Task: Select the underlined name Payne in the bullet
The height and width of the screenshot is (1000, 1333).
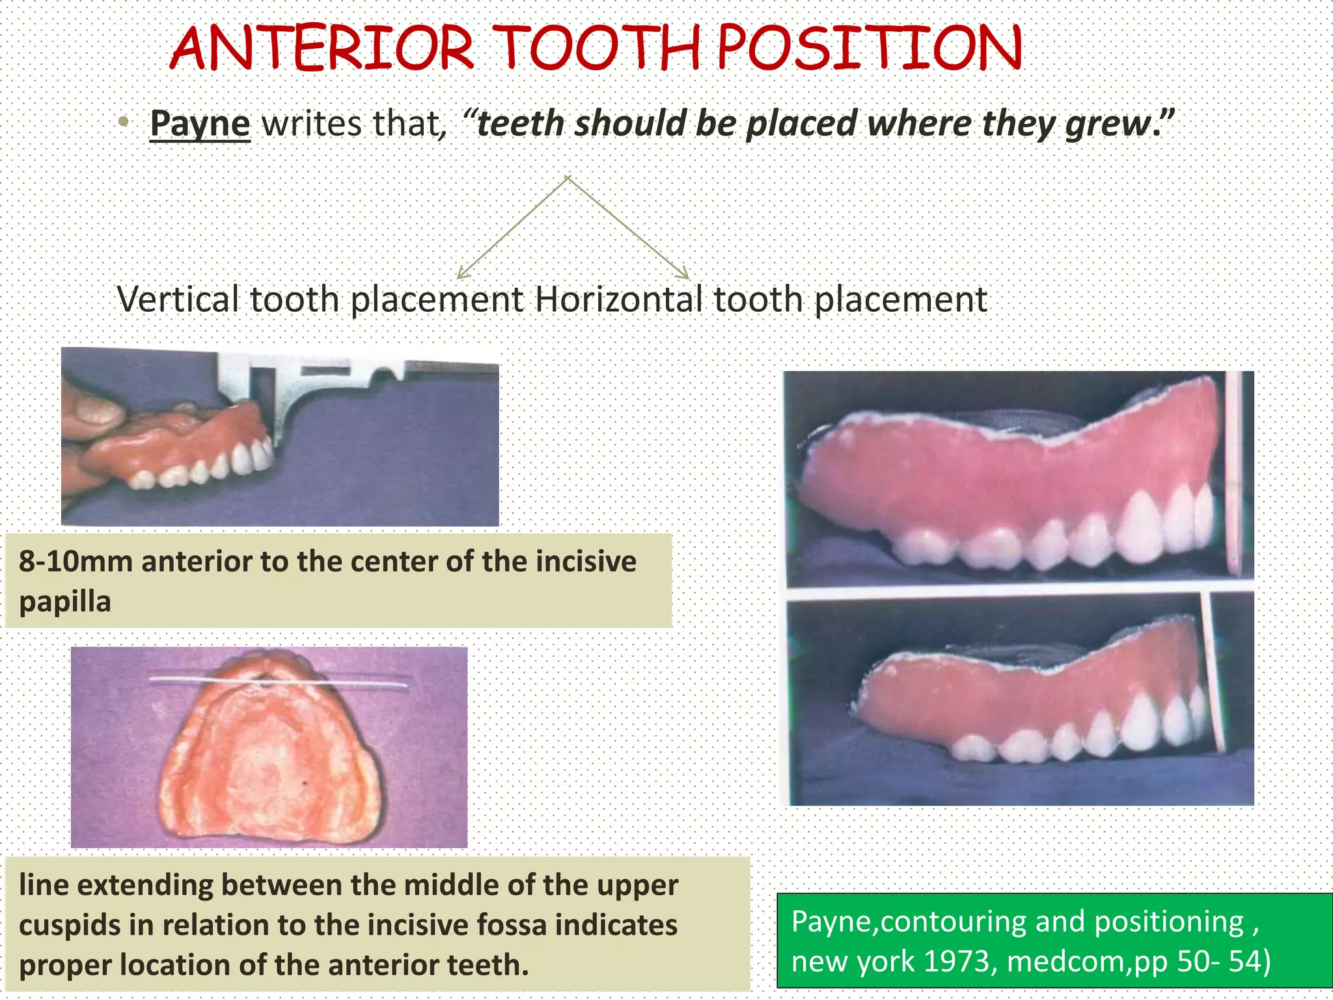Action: click(x=200, y=123)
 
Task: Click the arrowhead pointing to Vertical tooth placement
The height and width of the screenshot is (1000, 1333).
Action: click(x=461, y=274)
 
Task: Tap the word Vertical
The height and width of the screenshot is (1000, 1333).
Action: click(x=178, y=300)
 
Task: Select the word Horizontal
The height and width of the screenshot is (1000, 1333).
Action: click(x=618, y=300)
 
